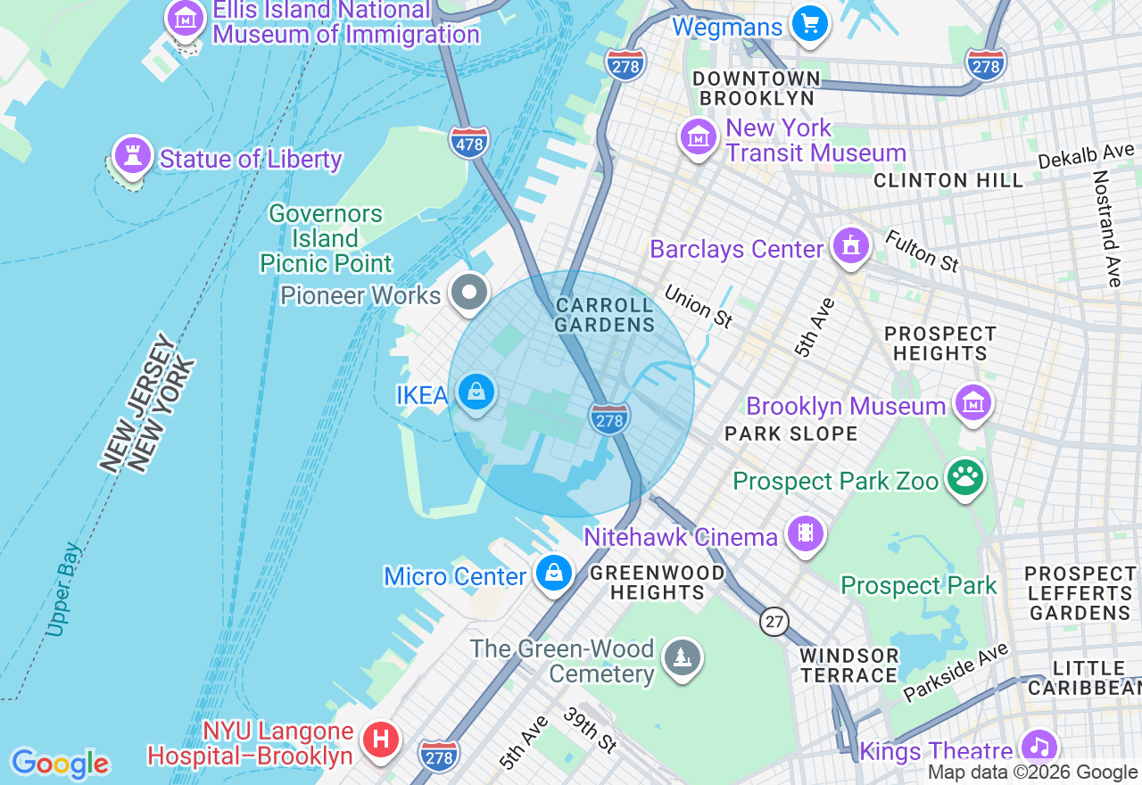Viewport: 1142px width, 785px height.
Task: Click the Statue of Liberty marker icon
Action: click(x=133, y=157)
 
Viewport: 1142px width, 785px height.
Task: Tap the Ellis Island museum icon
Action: click(x=186, y=17)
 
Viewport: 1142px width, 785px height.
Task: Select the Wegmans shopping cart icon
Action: click(x=810, y=24)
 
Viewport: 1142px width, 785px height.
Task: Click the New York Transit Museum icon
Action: click(x=699, y=137)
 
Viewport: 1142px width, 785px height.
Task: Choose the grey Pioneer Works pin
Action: click(x=468, y=293)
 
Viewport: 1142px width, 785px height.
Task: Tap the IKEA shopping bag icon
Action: click(x=477, y=392)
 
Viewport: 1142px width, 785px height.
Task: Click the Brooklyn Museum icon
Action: click(x=973, y=404)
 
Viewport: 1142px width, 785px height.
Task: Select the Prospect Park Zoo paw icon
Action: click(x=965, y=479)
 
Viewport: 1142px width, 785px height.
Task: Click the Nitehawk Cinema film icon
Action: click(x=806, y=534)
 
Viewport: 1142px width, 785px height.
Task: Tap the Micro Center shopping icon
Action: click(x=554, y=574)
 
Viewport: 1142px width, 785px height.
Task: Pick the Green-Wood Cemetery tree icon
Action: click(x=683, y=659)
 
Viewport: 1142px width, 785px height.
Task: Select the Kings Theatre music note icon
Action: click(x=1039, y=748)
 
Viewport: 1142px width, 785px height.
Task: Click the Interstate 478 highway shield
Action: click(x=469, y=142)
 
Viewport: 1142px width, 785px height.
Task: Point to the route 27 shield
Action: click(x=774, y=621)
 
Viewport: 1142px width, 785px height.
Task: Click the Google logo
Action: click(x=60, y=764)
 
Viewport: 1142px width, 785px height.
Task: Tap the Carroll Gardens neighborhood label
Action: click(x=605, y=316)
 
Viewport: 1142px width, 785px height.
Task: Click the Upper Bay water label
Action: click(x=65, y=590)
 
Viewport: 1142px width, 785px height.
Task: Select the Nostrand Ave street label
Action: click(x=1107, y=228)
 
